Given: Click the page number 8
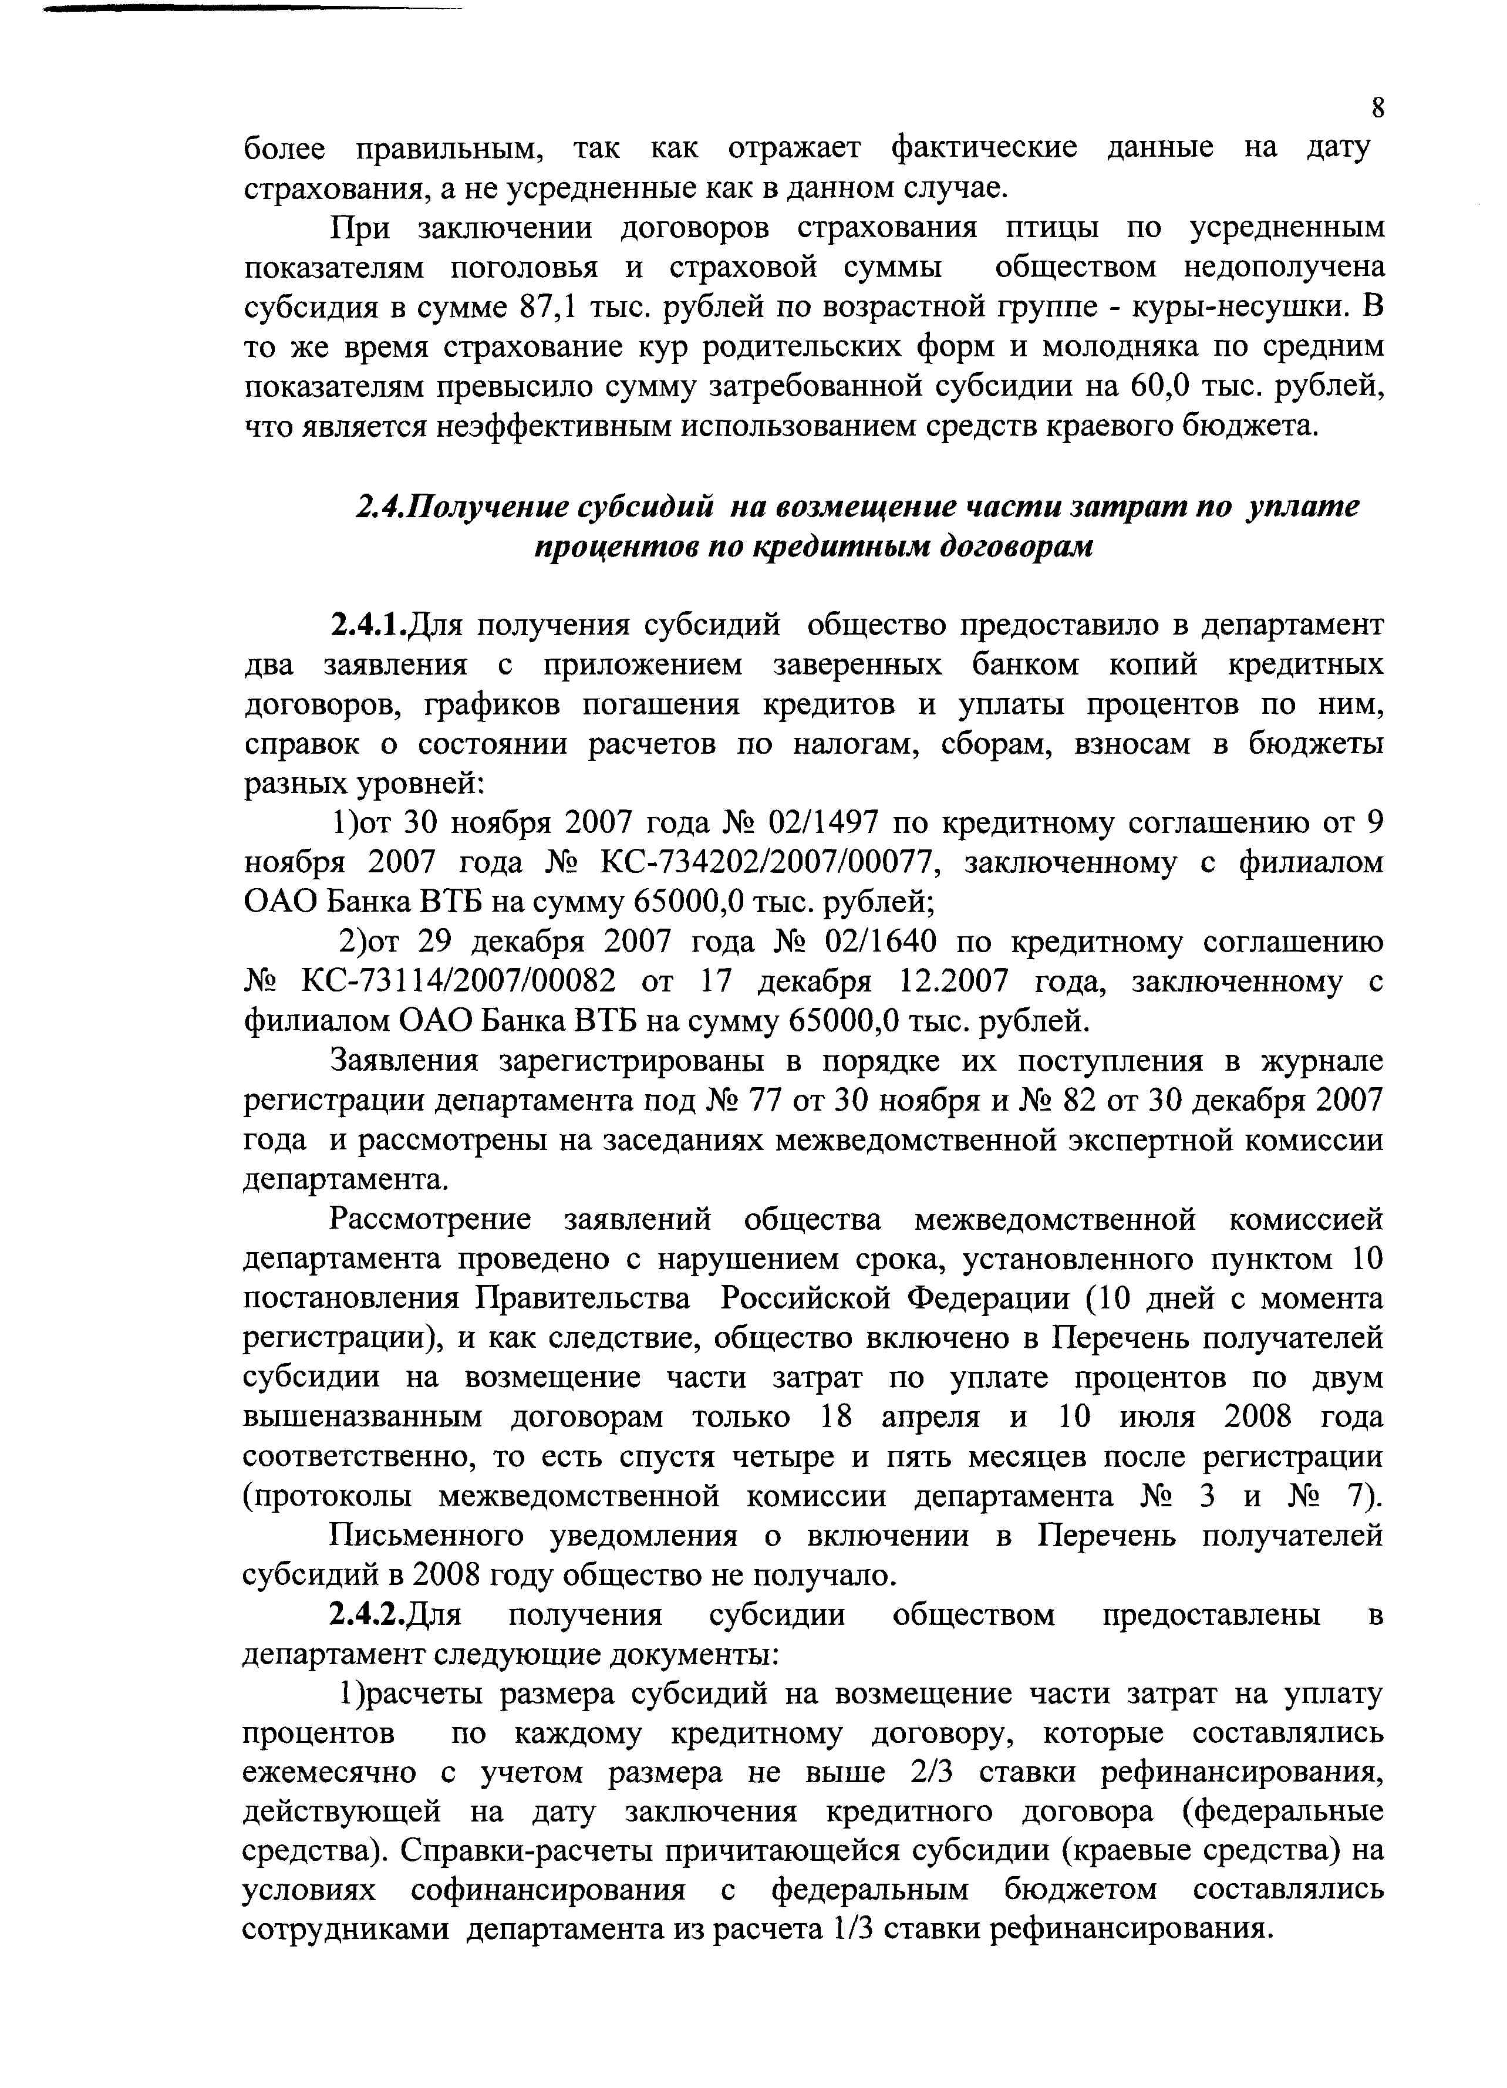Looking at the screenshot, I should (x=1377, y=107).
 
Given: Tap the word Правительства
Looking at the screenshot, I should (x=583, y=1299).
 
